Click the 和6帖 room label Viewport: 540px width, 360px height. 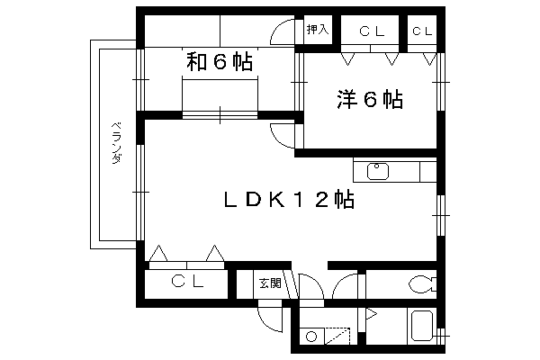pos(220,62)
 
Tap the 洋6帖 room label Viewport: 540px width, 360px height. pos(370,99)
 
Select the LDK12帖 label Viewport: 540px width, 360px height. pos(289,199)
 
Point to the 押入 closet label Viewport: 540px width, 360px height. pos(318,30)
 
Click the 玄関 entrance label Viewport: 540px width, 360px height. pos(270,283)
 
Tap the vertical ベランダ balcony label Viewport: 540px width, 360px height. pos(117,142)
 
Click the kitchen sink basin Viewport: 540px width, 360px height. pos(377,171)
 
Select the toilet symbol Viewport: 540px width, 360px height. pos(422,284)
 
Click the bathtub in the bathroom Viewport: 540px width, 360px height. pos(422,326)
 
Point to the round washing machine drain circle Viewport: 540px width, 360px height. pos(311,337)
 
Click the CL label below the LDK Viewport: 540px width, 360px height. pos(188,282)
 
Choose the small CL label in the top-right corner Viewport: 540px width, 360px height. pos(422,31)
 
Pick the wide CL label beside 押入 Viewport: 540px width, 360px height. pos(372,31)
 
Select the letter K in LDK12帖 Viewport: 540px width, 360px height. pos(277,199)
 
